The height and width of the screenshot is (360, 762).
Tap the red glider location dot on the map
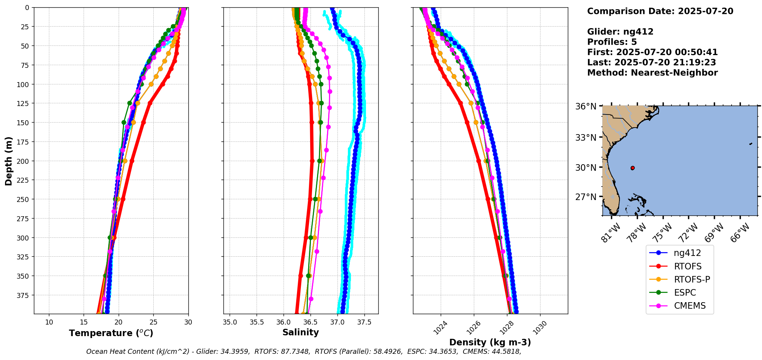tap(633, 168)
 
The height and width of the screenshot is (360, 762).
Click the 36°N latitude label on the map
tap(586, 106)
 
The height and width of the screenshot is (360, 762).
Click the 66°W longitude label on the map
tap(740, 233)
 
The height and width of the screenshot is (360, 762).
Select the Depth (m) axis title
tap(8, 161)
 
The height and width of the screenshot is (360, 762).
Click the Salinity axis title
tap(300, 333)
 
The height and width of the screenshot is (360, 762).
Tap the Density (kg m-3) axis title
tap(490, 342)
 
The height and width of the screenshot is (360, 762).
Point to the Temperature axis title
tap(111, 333)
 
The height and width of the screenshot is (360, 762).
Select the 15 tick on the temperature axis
tap(84, 322)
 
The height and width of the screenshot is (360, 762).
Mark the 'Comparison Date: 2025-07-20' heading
tap(660, 11)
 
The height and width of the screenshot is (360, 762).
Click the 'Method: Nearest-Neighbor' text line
tap(652, 73)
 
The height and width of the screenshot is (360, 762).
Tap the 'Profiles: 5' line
tap(612, 42)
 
